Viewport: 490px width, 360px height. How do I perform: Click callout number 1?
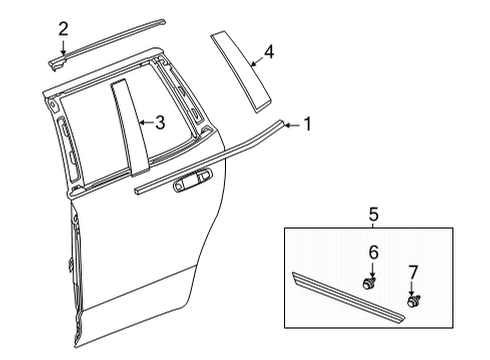(307, 124)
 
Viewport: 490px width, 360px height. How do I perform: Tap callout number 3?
(159, 123)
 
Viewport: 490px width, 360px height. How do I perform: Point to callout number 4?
(268, 50)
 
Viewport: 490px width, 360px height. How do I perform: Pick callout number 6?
(372, 254)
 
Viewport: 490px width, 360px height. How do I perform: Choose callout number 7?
(412, 272)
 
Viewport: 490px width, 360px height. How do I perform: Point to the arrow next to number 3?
(145, 123)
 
